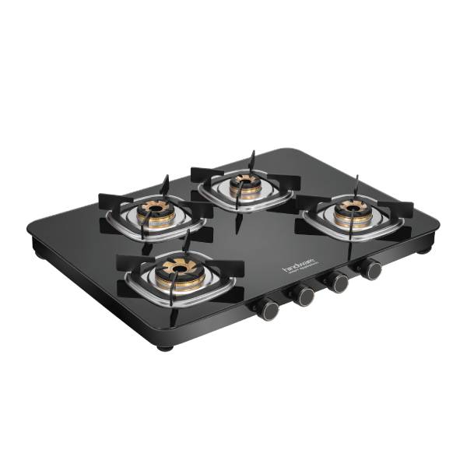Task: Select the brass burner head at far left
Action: pos(151,211)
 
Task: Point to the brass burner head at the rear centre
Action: pos(244,185)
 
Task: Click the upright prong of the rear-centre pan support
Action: pos(252,159)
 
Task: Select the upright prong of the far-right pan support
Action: pos(356,183)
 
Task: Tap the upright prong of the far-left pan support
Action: pos(165,184)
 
